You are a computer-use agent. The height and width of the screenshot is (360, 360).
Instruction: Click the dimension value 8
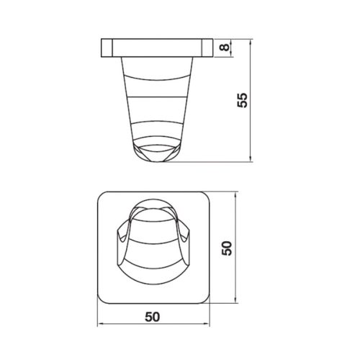tap(225, 48)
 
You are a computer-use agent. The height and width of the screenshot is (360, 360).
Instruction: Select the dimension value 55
tap(242, 100)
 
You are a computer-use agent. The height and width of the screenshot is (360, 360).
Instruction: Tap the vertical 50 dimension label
tap(227, 248)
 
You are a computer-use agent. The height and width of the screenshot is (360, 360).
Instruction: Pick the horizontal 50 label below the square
tap(152, 317)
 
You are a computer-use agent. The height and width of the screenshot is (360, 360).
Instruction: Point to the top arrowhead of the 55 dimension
tap(251, 42)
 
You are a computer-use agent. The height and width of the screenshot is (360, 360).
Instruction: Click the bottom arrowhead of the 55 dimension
tap(251, 158)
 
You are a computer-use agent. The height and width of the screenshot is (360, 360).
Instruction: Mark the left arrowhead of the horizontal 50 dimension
tap(101, 324)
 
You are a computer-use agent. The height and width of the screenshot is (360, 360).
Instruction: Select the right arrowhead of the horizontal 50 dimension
tap(207, 324)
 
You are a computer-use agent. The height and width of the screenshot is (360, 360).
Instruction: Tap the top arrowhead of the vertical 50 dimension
tap(235, 195)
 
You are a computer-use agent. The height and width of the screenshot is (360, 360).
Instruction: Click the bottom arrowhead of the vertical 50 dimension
tap(235, 300)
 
